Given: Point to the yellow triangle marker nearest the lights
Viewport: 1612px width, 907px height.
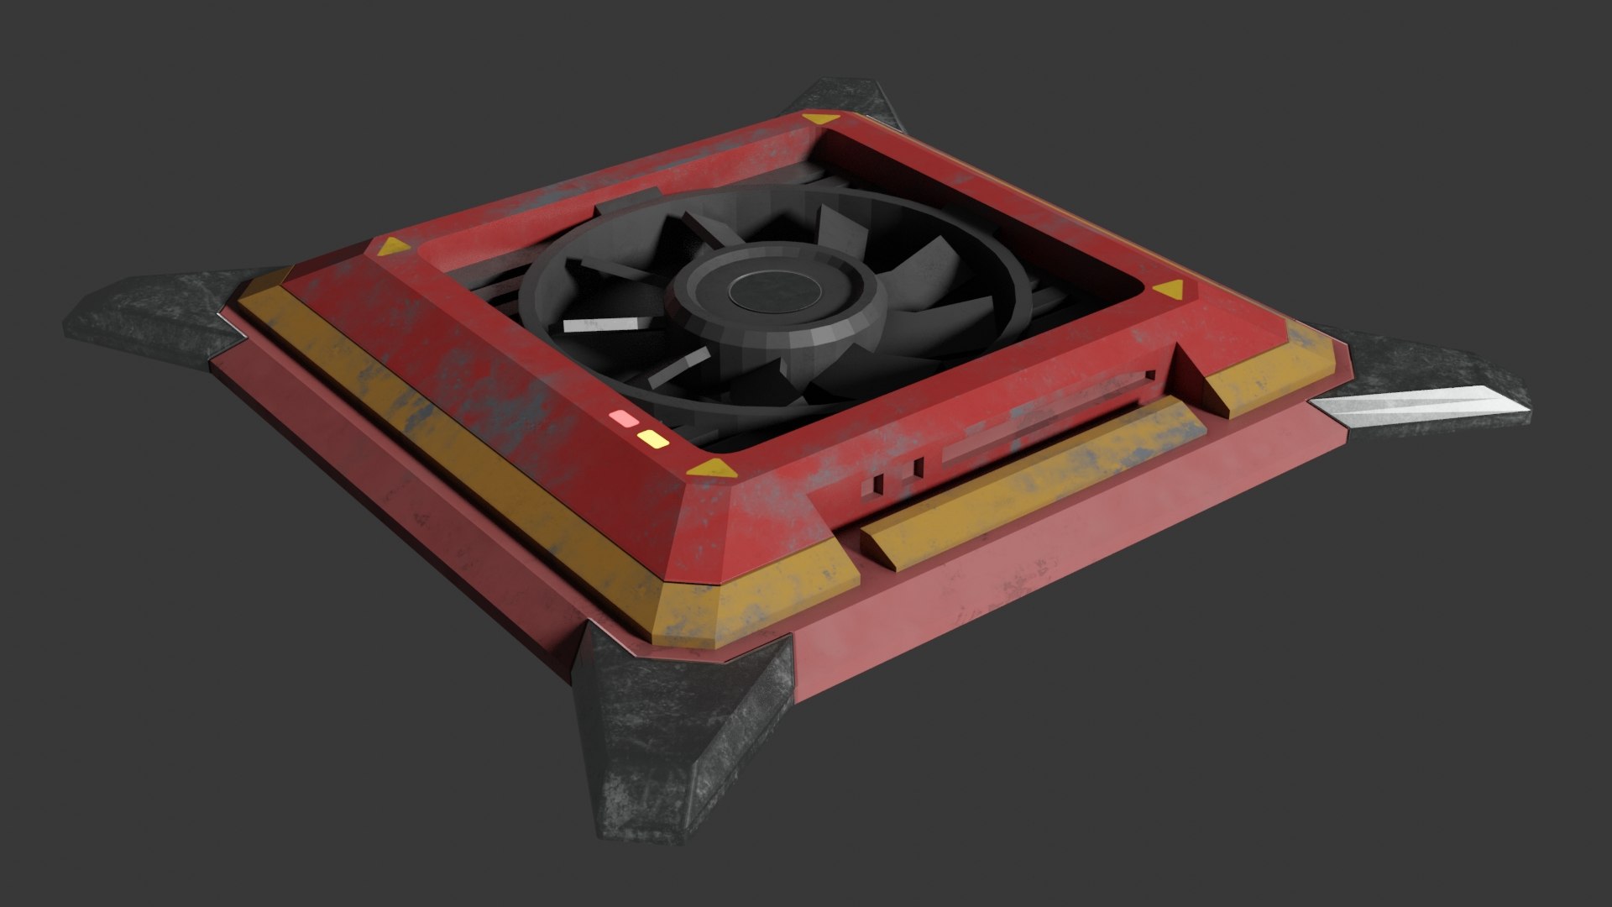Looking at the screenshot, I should pyautogui.click(x=710, y=468).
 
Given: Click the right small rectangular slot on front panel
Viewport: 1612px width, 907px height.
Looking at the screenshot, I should pyautogui.click(x=918, y=467).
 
